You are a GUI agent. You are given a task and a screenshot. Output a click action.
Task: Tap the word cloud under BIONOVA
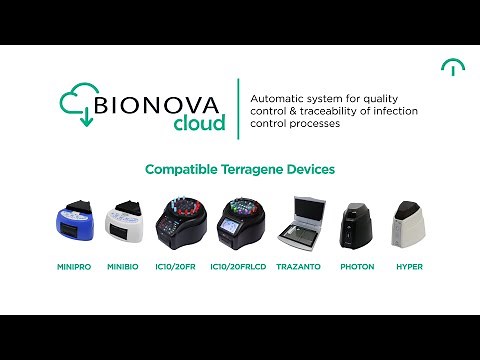[198, 124]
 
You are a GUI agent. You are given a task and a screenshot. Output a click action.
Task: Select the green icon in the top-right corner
[452, 67]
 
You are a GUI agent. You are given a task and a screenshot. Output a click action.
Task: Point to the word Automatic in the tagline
[278, 99]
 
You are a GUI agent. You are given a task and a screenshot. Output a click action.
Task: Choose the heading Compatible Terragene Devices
[240, 169]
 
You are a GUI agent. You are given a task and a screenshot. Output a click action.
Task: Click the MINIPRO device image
[72, 225]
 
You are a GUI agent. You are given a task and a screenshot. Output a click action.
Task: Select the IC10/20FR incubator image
[183, 224]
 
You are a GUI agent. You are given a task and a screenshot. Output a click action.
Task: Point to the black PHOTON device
[356, 225]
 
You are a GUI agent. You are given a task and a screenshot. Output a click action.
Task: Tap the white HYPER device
[409, 225]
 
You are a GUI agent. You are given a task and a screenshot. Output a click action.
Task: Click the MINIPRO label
[72, 267]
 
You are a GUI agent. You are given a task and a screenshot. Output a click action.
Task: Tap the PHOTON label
[356, 267]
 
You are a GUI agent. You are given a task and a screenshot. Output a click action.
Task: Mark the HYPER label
[409, 267]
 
